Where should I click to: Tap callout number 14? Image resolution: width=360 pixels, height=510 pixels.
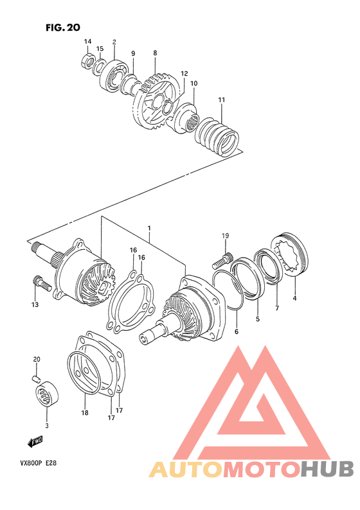87,42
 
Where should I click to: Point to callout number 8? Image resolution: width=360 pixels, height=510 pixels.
155,53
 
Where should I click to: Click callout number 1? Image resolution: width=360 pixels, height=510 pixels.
148,229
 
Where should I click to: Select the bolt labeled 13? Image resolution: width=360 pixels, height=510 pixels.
39,281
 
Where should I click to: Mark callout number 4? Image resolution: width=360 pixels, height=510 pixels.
295,297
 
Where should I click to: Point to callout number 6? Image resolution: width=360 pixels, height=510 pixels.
236,332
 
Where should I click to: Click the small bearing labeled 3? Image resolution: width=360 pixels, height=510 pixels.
47,392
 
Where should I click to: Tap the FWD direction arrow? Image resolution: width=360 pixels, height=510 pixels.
35,441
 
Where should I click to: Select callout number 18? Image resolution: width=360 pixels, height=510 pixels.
84,414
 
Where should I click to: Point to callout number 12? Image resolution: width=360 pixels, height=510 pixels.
184,74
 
